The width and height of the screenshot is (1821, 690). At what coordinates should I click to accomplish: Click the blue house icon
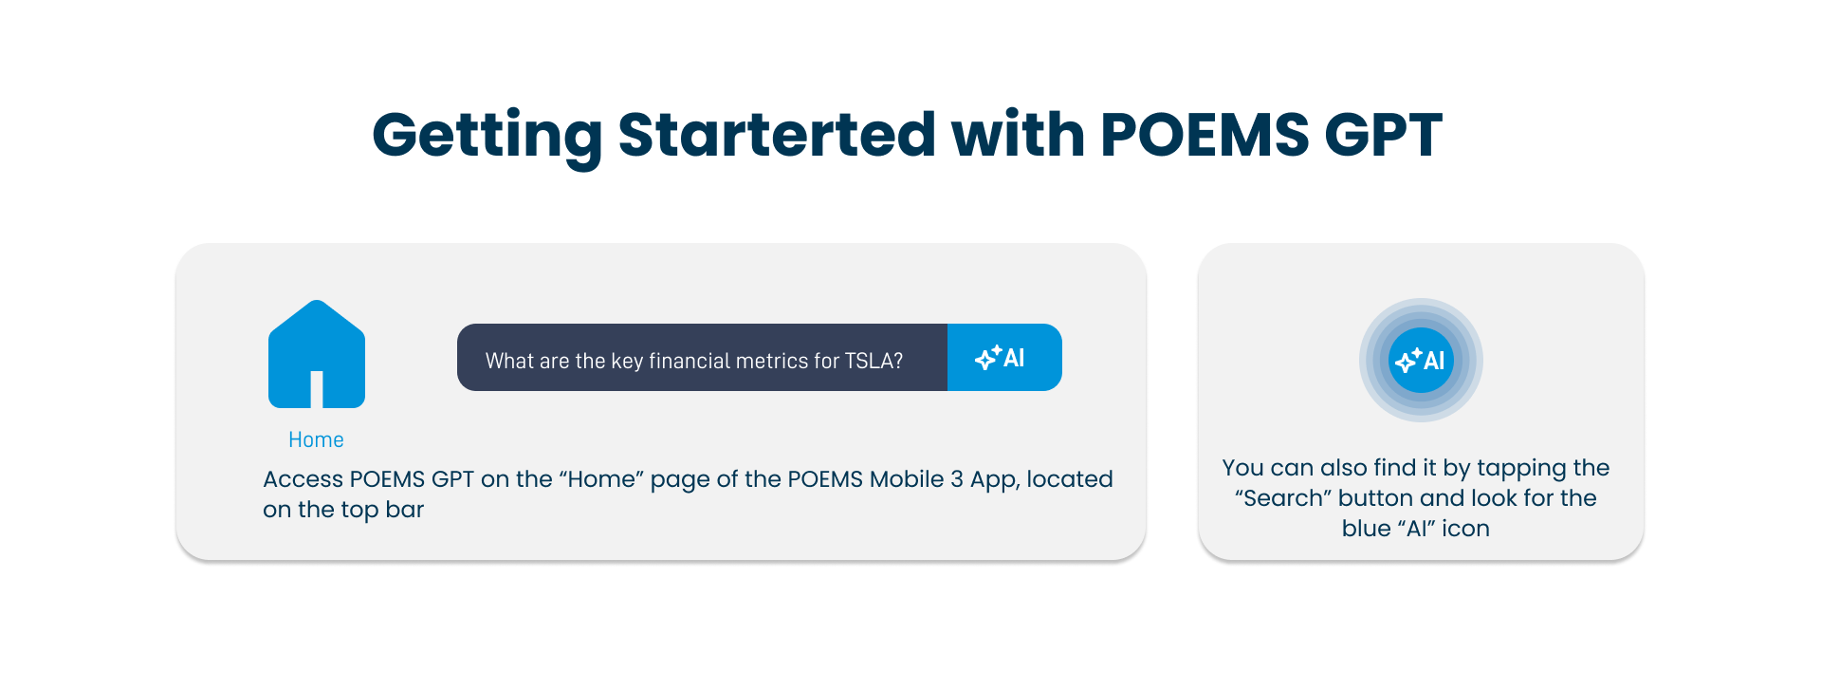coord(317,354)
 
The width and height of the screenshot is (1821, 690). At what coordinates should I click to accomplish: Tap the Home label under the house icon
coord(316,439)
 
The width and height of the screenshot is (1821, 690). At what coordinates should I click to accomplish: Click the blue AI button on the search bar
coord(1004,358)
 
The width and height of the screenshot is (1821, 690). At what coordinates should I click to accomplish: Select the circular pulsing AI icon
coord(1421,361)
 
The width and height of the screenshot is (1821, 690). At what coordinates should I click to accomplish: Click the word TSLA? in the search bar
coord(874,361)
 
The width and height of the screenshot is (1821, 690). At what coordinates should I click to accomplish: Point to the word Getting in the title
coord(487,135)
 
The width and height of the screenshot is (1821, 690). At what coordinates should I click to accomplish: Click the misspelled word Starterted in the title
coord(777,134)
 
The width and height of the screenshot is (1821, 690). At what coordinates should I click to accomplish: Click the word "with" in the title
coord(1018,134)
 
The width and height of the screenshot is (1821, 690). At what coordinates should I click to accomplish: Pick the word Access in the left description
coord(303,479)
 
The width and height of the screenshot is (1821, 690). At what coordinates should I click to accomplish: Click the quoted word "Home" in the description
coord(602,479)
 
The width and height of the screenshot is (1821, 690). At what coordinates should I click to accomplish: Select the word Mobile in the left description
coord(907,479)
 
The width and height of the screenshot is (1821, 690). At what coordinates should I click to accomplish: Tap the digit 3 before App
coord(957,479)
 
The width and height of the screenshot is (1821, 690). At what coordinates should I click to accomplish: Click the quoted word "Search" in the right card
coord(1283,498)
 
